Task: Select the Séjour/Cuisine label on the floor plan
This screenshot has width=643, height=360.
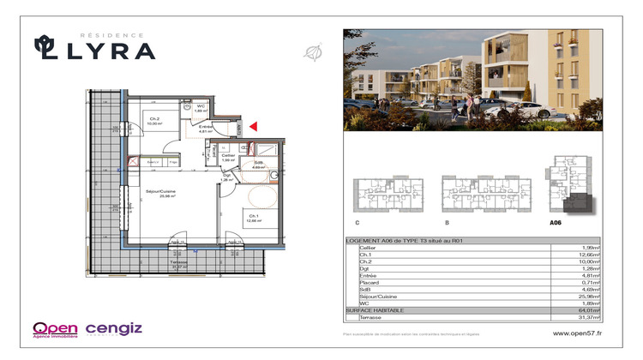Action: tap(159, 192)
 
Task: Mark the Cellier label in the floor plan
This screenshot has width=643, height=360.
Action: tap(228, 157)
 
